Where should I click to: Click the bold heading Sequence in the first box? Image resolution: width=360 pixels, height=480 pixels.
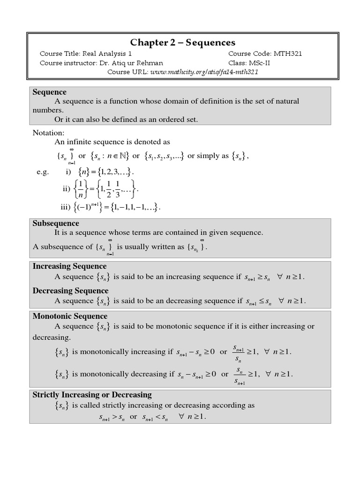49,92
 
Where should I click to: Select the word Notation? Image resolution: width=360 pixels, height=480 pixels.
48,133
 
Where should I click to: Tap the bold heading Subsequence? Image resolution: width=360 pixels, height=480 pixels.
56,223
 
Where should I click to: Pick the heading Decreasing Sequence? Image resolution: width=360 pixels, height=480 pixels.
70,291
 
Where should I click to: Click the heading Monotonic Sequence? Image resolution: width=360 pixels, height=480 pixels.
70,316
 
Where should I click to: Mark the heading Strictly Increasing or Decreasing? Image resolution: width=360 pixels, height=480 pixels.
92,394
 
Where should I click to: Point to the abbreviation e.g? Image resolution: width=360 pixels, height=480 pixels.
43,172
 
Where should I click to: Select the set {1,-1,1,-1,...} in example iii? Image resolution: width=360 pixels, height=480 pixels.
135,207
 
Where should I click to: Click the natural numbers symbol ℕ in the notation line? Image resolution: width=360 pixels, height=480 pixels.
123,156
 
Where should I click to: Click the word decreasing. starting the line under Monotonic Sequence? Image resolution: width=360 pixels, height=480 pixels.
52,337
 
